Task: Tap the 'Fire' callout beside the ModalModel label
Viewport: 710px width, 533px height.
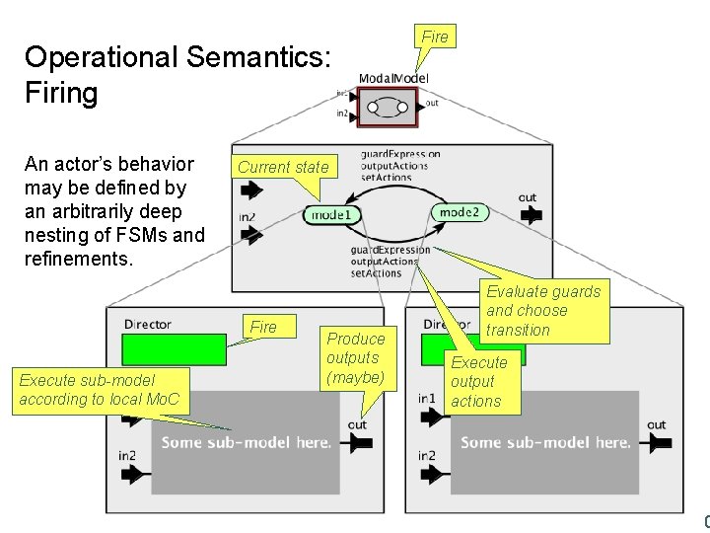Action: click(x=434, y=37)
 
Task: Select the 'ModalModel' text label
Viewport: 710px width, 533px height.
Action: click(x=393, y=78)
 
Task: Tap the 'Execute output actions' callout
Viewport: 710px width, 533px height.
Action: click(x=477, y=382)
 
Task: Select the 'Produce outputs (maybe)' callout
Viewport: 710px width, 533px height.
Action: click(x=356, y=358)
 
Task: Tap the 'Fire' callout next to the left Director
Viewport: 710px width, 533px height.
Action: click(x=264, y=327)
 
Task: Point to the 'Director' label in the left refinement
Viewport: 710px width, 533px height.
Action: click(x=148, y=323)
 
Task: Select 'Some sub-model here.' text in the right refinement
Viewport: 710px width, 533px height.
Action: click(x=545, y=442)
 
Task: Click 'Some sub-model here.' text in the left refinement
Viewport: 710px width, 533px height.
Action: click(x=247, y=442)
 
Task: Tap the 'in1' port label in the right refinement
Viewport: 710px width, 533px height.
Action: click(x=426, y=398)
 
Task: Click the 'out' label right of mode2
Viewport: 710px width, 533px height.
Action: click(x=528, y=197)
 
